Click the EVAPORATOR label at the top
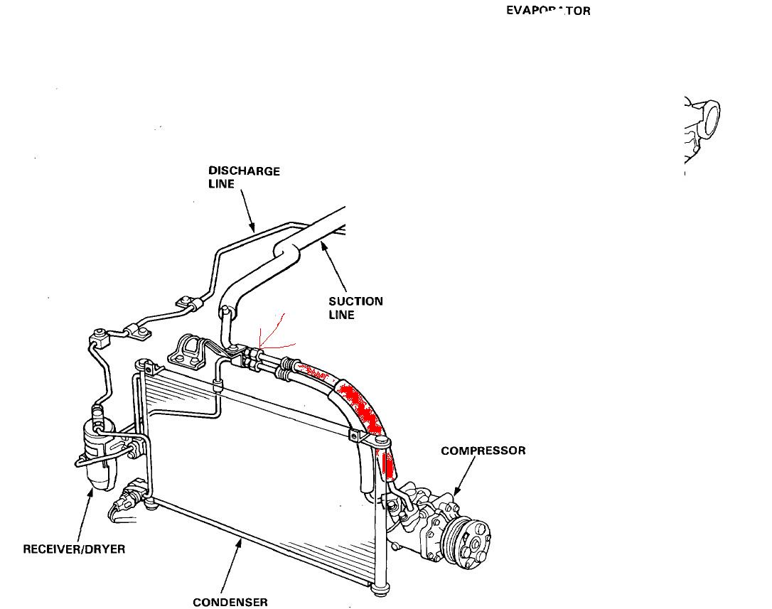(x=548, y=11)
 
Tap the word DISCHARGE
(x=244, y=171)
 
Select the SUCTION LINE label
(x=355, y=308)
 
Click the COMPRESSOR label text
(x=483, y=451)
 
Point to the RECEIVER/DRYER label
(x=74, y=549)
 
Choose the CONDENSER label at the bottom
(x=230, y=603)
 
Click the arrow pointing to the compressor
(x=464, y=477)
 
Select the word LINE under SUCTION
(x=341, y=315)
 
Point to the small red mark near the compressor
(x=388, y=466)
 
